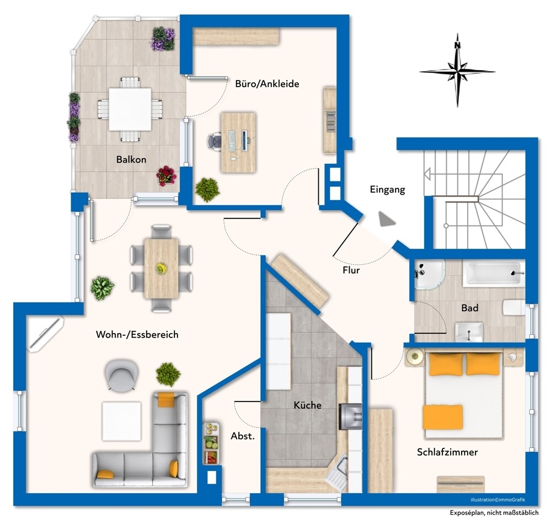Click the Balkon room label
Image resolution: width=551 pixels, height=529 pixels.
[x=131, y=159]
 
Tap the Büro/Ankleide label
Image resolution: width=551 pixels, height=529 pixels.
[x=267, y=84]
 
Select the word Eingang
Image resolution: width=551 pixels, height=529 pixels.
[x=387, y=190]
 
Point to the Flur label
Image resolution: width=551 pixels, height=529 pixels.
[x=351, y=270]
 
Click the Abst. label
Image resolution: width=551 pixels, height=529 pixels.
[x=243, y=436]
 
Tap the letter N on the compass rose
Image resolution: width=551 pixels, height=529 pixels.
[x=457, y=45]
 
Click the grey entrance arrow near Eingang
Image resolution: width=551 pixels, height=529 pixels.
[x=387, y=219]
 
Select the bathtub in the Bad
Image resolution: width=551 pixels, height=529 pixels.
[x=494, y=272]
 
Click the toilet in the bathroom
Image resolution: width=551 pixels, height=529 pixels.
[x=513, y=308]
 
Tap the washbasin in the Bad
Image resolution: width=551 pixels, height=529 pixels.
[x=469, y=332]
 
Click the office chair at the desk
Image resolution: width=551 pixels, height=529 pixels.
[x=215, y=142]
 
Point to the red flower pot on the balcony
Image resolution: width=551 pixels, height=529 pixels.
[x=166, y=175]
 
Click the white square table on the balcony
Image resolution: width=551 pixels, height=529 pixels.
[x=130, y=109]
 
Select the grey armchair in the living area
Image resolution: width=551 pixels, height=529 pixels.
[x=121, y=375]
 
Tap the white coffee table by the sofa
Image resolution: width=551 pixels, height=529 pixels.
[x=121, y=421]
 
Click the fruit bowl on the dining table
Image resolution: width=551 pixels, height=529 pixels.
[x=161, y=269]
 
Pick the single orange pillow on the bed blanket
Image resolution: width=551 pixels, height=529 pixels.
[x=443, y=417]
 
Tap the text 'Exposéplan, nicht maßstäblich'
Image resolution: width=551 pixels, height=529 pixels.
[x=494, y=513]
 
